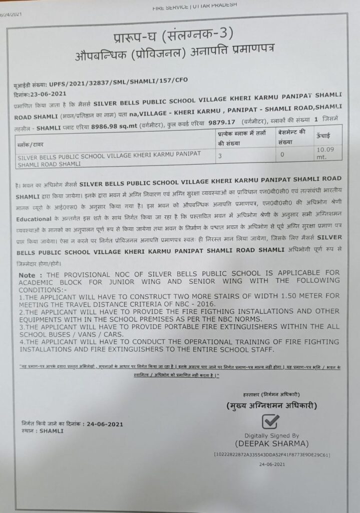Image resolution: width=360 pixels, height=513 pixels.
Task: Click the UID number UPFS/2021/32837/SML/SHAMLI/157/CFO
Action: click(118, 80)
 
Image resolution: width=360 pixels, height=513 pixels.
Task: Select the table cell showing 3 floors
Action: click(220, 155)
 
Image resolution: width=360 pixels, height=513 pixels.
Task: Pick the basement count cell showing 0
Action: click(282, 155)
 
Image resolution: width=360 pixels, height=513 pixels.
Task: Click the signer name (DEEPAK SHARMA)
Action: click(271, 443)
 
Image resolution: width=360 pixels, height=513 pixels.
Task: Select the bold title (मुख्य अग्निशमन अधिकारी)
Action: click(271, 405)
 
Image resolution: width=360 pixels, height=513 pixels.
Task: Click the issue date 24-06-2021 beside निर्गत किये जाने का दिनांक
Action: click(102, 424)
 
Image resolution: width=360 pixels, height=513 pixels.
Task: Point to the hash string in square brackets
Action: click(271, 454)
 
